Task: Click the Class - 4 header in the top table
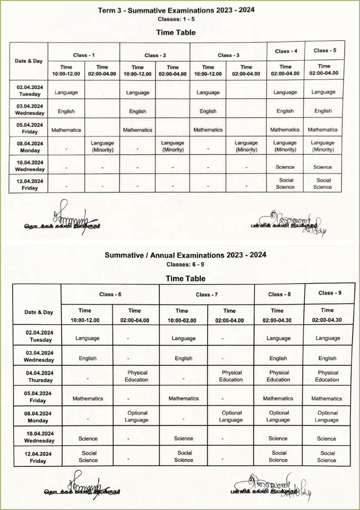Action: click(x=286, y=51)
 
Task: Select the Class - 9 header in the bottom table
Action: click(x=329, y=293)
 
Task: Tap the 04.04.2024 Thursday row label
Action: click(x=40, y=376)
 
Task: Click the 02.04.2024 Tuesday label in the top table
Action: click(x=30, y=91)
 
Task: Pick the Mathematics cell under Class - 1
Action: click(x=66, y=130)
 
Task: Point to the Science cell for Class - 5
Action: click(x=322, y=167)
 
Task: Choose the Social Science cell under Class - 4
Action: click(x=285, y=183)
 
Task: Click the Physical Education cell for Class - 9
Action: click(x=328, y=376)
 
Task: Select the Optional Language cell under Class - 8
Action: click(x=279, y=416)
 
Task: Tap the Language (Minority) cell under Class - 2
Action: click(x=173, y=146)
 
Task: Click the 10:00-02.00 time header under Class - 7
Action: click(x=182, y=316)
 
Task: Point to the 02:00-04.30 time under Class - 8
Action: click(x=277, y=316)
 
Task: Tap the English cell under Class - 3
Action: click(x=208, y=111)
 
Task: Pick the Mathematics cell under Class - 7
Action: click(x=184, y=399)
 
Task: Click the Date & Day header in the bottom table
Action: click(x=39, y=312)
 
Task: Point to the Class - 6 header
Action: click(x=110, y=295)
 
